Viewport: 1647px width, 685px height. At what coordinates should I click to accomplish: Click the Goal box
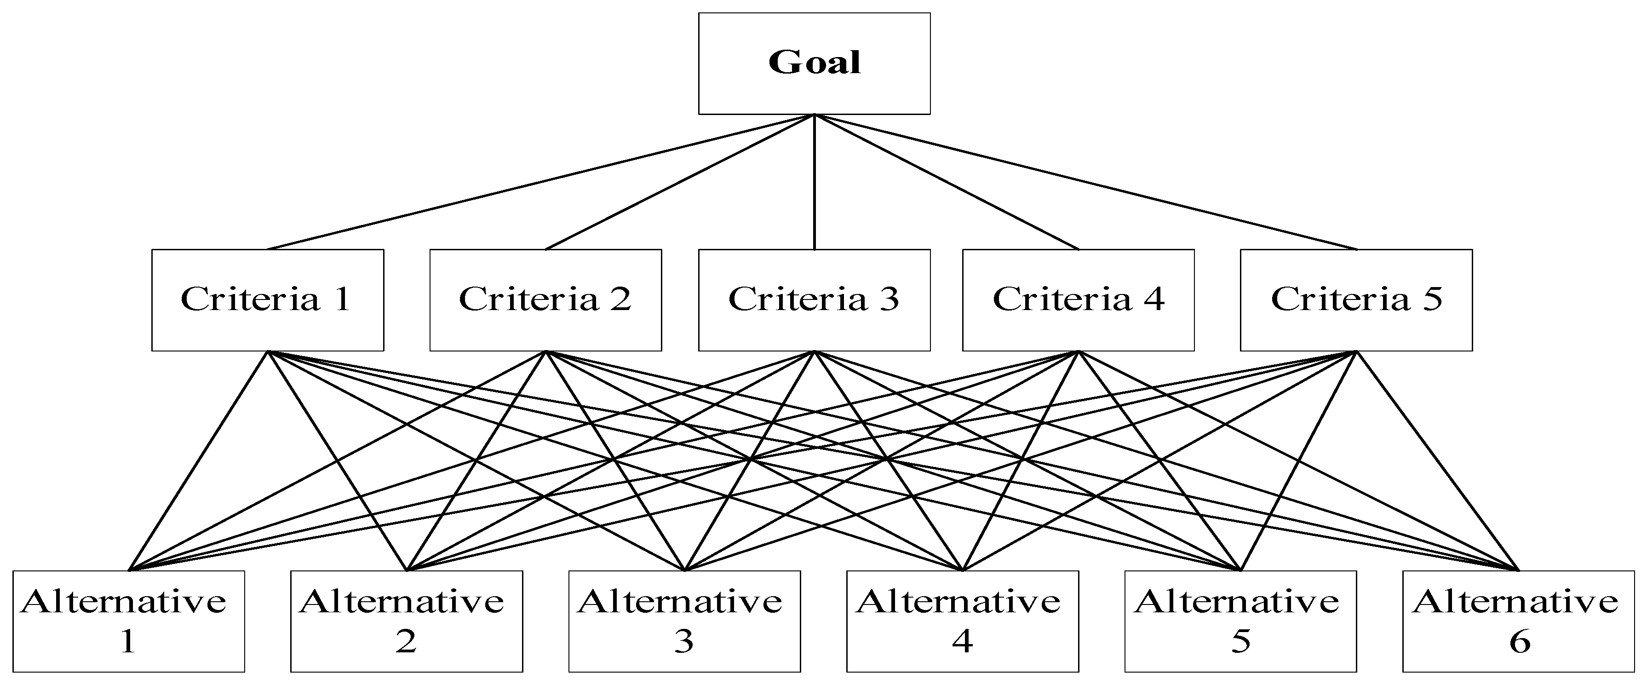[x=814, y=63]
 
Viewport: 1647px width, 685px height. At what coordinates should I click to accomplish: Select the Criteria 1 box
[x=267, y=299]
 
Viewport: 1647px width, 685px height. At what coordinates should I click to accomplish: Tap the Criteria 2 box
[x=545, y=299]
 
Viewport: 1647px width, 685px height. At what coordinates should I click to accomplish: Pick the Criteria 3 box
[x=814, y=299]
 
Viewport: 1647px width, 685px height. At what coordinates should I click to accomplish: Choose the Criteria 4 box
[x=1078, y=299]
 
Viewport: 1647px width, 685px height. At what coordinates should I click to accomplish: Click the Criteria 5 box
[x=1356, y=299]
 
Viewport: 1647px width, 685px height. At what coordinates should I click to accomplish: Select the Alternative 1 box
[x=128, y=621]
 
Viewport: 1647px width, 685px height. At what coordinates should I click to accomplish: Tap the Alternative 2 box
[x=407, y=621]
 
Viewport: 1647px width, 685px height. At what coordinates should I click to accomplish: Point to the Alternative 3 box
[x=684, y=621]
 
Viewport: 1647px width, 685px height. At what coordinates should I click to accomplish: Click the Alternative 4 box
[x=962, y=621]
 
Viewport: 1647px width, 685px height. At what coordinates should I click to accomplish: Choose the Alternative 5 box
[x=1240, y=621]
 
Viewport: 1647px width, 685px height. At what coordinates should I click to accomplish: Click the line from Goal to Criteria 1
[x=541, y=182]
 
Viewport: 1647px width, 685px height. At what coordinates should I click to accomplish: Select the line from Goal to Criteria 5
[x=1085, y=182]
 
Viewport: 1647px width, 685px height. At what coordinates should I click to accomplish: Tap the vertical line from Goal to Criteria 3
[x=814, y=182]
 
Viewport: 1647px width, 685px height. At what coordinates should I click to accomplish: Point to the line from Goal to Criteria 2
[x=680, y=182]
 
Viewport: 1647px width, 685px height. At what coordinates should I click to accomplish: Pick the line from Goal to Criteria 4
[x=946, y=182]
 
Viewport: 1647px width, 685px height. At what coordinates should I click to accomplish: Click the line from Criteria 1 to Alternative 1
[x=198, y=461]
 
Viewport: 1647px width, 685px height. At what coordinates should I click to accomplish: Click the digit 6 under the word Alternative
[x=1519, y=641]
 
